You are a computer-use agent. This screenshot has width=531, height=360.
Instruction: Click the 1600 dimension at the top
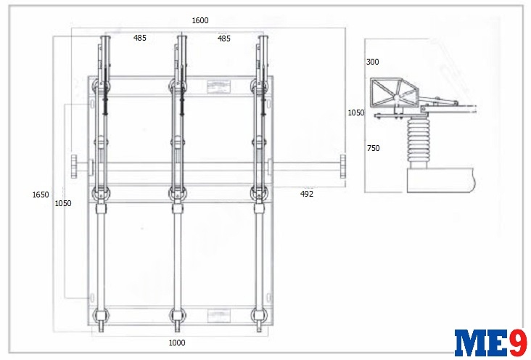point(200,20)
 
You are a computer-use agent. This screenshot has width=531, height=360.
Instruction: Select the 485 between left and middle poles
point(140,38)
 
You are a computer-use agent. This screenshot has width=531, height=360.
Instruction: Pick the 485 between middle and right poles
point(224,38)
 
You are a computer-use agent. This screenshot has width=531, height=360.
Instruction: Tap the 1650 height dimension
point(41,195)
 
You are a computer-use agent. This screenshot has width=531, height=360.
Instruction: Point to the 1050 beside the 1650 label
point(63,203)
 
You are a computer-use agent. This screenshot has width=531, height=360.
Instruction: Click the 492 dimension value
point(307,194)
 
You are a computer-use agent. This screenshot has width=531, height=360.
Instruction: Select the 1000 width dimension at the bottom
point(177,343)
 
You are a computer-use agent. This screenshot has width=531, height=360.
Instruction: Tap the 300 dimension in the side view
point(373,62)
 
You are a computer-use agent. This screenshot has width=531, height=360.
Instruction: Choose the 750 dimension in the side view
point(373,148)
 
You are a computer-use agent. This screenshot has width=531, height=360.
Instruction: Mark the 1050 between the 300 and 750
point(356,112)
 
